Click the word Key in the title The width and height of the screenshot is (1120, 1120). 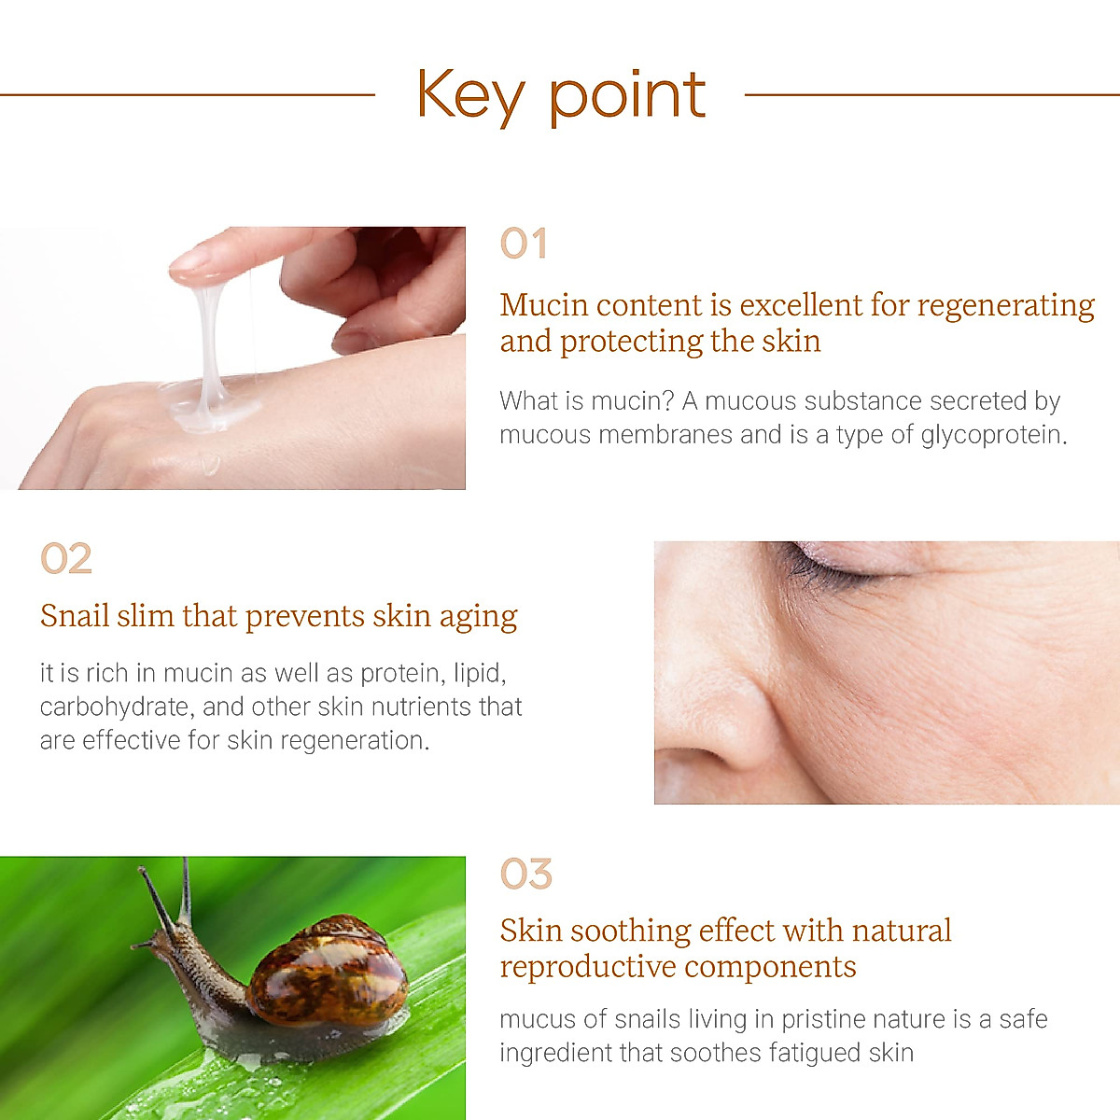point(470,95)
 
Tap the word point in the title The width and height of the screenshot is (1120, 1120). point(627,97)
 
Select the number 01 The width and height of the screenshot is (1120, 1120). point(523,245)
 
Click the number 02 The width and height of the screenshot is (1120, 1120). point(66,559)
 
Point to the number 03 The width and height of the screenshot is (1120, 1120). point(526,875)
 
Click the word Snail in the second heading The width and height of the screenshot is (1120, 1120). point(75,616)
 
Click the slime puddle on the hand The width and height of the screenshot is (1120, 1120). point(210,406)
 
